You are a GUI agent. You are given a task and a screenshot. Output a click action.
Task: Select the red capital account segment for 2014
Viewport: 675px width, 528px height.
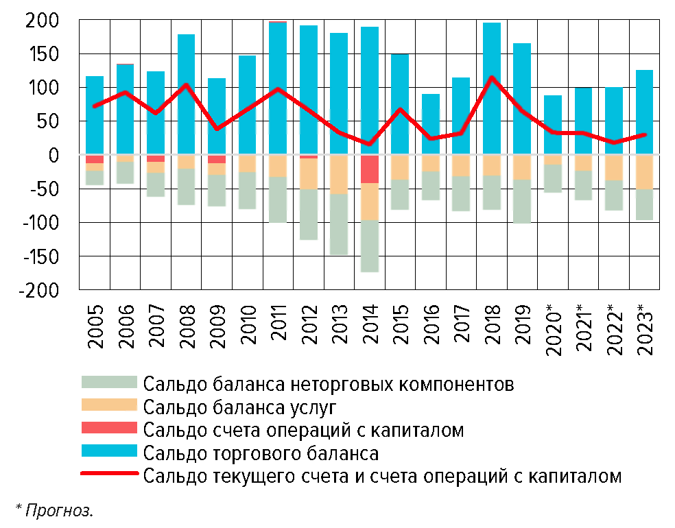coord(370,169)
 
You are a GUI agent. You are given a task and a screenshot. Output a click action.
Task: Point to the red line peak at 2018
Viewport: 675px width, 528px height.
coord(491,77)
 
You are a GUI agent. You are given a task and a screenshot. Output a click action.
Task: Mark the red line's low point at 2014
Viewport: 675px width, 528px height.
coord(370,144)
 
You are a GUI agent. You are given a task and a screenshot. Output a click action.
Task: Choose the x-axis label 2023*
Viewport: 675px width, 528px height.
coord(645,328)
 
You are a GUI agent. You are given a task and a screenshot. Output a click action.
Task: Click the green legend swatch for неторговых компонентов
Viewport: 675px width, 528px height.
coord(110,382)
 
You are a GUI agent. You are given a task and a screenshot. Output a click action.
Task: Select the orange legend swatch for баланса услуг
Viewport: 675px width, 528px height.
coord(110,406)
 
